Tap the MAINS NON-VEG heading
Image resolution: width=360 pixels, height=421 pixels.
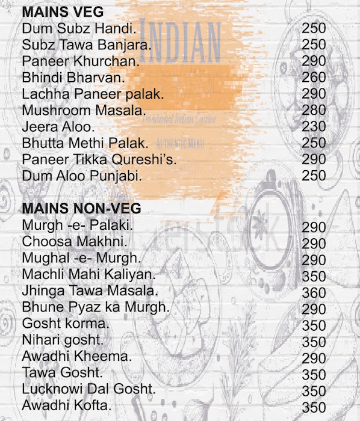81,209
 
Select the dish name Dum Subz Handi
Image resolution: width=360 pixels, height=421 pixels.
79,28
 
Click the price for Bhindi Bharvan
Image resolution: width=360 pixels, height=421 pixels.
314,78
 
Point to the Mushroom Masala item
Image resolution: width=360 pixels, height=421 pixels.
84,111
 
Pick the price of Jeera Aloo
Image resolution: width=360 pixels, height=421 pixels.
314,127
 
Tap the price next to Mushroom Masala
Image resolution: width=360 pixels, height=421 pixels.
314,111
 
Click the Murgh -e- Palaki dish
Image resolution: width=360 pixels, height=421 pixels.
77,226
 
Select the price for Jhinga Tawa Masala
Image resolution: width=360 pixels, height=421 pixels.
314,293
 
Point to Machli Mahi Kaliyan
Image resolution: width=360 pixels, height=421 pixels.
88,274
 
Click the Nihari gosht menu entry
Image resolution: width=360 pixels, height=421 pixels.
63,340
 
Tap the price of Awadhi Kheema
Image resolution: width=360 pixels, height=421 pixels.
314,358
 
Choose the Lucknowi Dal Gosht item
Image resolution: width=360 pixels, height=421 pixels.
88,389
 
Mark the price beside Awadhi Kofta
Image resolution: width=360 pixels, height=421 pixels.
314,407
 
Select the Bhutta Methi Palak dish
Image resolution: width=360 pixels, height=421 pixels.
85,144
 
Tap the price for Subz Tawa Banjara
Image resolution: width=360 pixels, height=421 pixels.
314,45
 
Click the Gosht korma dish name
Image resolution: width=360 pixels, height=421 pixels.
66,324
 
